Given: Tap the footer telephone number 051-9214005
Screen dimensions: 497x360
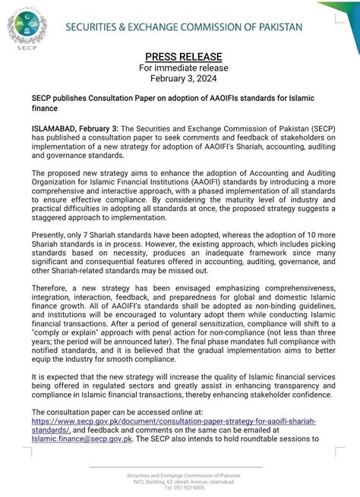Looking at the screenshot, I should pos(180,489).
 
